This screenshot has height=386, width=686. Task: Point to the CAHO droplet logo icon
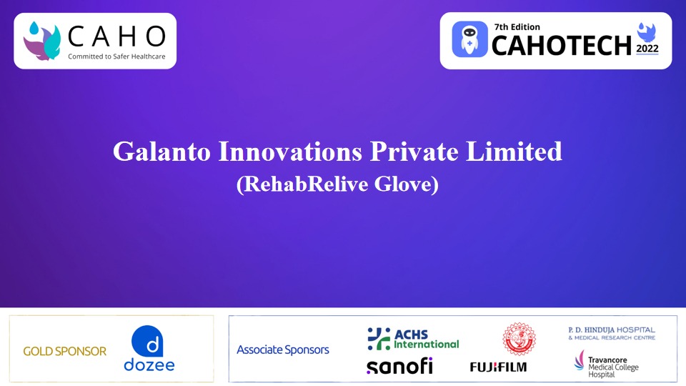point(41,40)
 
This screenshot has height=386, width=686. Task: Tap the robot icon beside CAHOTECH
point(469,39)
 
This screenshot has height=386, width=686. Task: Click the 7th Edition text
point(517,27)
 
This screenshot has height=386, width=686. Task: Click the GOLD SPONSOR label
point(64,351)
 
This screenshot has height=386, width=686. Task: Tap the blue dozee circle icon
point(149,340)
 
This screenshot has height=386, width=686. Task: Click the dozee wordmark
point(149,365)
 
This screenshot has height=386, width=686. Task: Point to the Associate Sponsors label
point(283,350)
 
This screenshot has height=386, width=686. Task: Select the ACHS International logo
point(413,338)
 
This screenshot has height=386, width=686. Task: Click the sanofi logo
point(399,365)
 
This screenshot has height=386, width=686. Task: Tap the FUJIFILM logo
point(498,367)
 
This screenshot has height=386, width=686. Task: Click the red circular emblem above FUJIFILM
point(519,339)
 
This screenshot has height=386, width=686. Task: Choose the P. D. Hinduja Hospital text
point(611,333)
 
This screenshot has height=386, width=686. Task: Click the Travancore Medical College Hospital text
point(612,363)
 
